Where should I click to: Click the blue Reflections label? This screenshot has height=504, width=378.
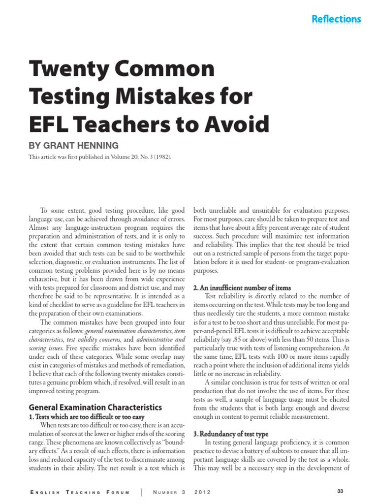336,19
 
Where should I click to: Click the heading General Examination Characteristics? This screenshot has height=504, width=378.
95,407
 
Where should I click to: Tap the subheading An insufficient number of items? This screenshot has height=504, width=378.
242,287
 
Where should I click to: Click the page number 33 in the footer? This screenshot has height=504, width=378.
340,492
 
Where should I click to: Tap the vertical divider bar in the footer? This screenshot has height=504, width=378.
142,492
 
